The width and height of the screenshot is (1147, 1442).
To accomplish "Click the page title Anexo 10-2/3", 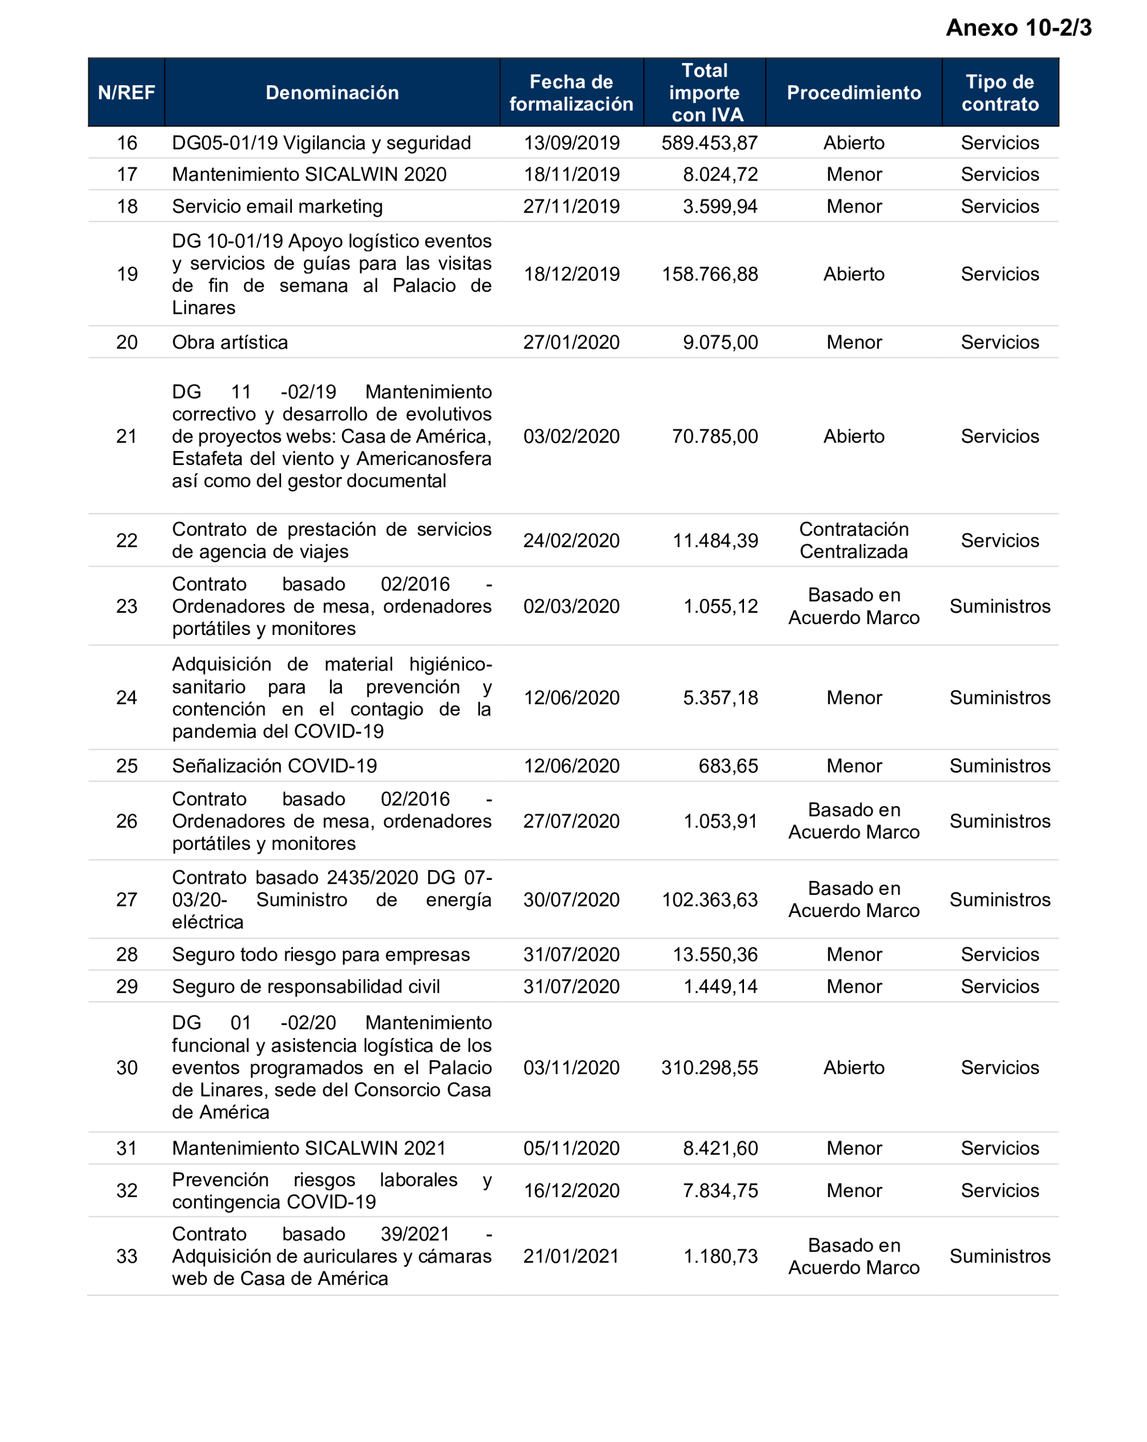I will pos(1018,28).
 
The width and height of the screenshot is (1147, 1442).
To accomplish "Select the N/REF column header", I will pos(126,92).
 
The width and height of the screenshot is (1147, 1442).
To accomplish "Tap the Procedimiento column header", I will pos(854,92).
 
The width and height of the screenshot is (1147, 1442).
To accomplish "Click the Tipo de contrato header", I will pos(999,92).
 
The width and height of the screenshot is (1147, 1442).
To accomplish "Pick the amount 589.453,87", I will pos(709,142).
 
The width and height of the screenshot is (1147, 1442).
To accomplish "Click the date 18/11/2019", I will pos(571,175).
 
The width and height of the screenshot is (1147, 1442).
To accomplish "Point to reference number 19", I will pos(127,274).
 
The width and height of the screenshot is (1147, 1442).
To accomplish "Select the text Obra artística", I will pos(229,343).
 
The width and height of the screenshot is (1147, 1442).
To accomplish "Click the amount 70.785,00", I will pos(714,436).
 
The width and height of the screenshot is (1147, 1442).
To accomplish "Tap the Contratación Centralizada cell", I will pos(854,541).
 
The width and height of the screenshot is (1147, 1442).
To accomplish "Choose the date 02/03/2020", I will pos(571,606).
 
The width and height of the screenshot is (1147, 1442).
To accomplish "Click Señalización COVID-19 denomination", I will pos(274,766).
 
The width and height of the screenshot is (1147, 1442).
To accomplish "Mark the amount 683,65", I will pos(728,766).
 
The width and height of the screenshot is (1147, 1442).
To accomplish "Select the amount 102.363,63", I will pos(709,900).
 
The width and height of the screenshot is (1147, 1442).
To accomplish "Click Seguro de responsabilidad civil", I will pos(306,987).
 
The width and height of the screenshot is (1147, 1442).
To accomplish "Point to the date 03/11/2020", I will pos(571,1068).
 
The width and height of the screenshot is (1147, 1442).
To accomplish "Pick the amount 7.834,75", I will pos(720,1191).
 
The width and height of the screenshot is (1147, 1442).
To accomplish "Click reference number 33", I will pos(127,1256).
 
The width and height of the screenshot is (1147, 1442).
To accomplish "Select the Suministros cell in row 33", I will pos(999,1256).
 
